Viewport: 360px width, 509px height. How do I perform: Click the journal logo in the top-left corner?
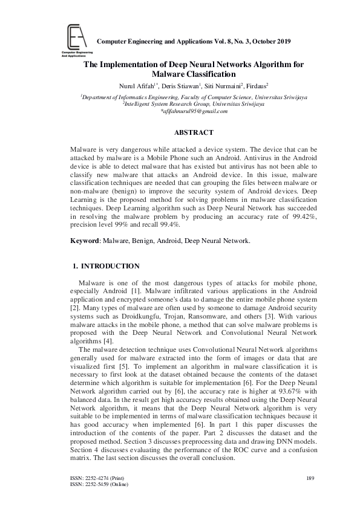[x=72, y=39]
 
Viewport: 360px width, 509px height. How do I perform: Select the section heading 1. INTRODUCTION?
[x=106, y=266]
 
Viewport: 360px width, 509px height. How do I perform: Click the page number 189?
[x=310, y=479]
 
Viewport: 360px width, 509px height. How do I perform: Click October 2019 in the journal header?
[x=270, y=42]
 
